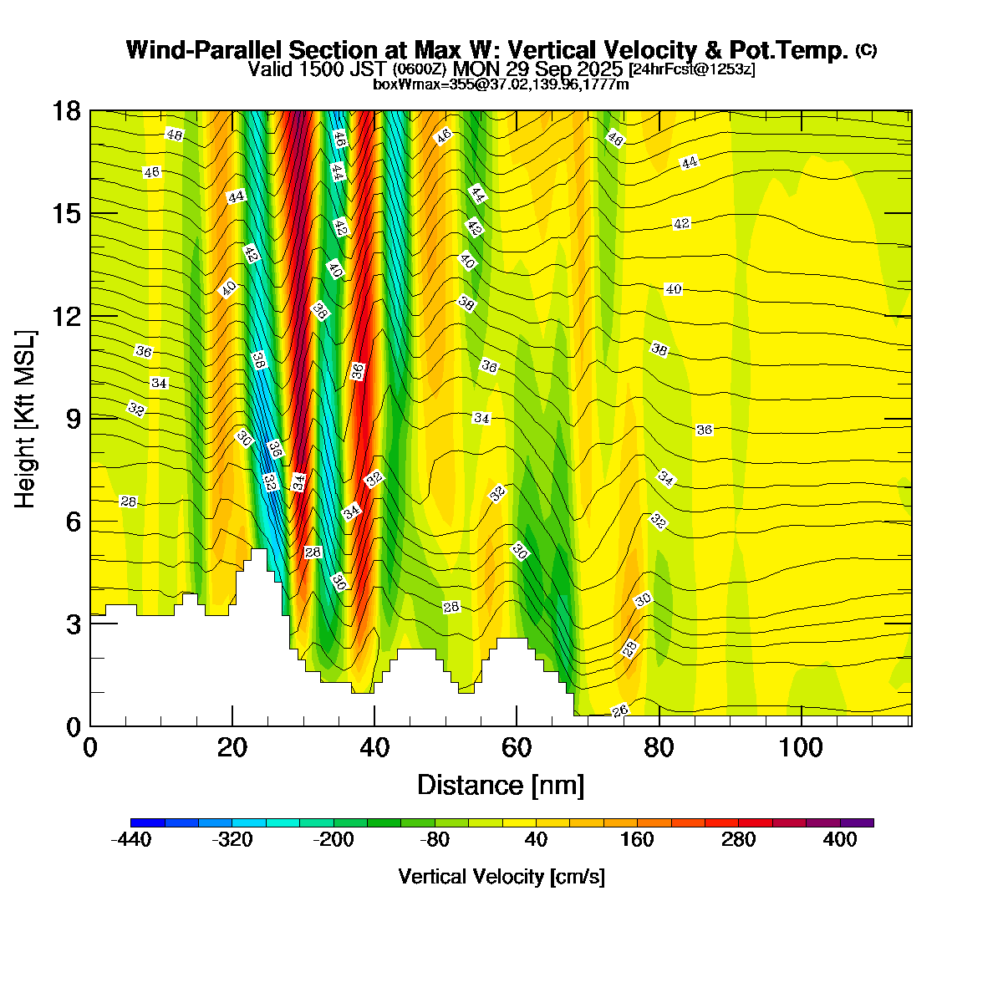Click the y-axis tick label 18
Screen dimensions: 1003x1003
67,111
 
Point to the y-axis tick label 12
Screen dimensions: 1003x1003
67,317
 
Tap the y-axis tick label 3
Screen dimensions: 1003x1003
74,624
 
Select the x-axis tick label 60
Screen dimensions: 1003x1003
517,747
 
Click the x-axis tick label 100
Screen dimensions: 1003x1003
801,747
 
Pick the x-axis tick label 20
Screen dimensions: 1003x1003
232,747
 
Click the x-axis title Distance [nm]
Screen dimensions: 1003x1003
500,786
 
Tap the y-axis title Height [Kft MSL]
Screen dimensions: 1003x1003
26,420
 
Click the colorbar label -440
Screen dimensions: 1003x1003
131,841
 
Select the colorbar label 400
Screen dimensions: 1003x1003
840,841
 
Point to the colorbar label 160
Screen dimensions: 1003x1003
637,841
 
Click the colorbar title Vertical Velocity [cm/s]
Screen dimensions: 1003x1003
501,877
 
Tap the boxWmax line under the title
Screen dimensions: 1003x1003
501,84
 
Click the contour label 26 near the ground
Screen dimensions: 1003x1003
620,711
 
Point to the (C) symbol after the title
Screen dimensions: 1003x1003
866,50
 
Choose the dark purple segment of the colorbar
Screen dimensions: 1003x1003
857,822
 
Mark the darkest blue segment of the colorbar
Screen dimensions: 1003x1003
148,822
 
